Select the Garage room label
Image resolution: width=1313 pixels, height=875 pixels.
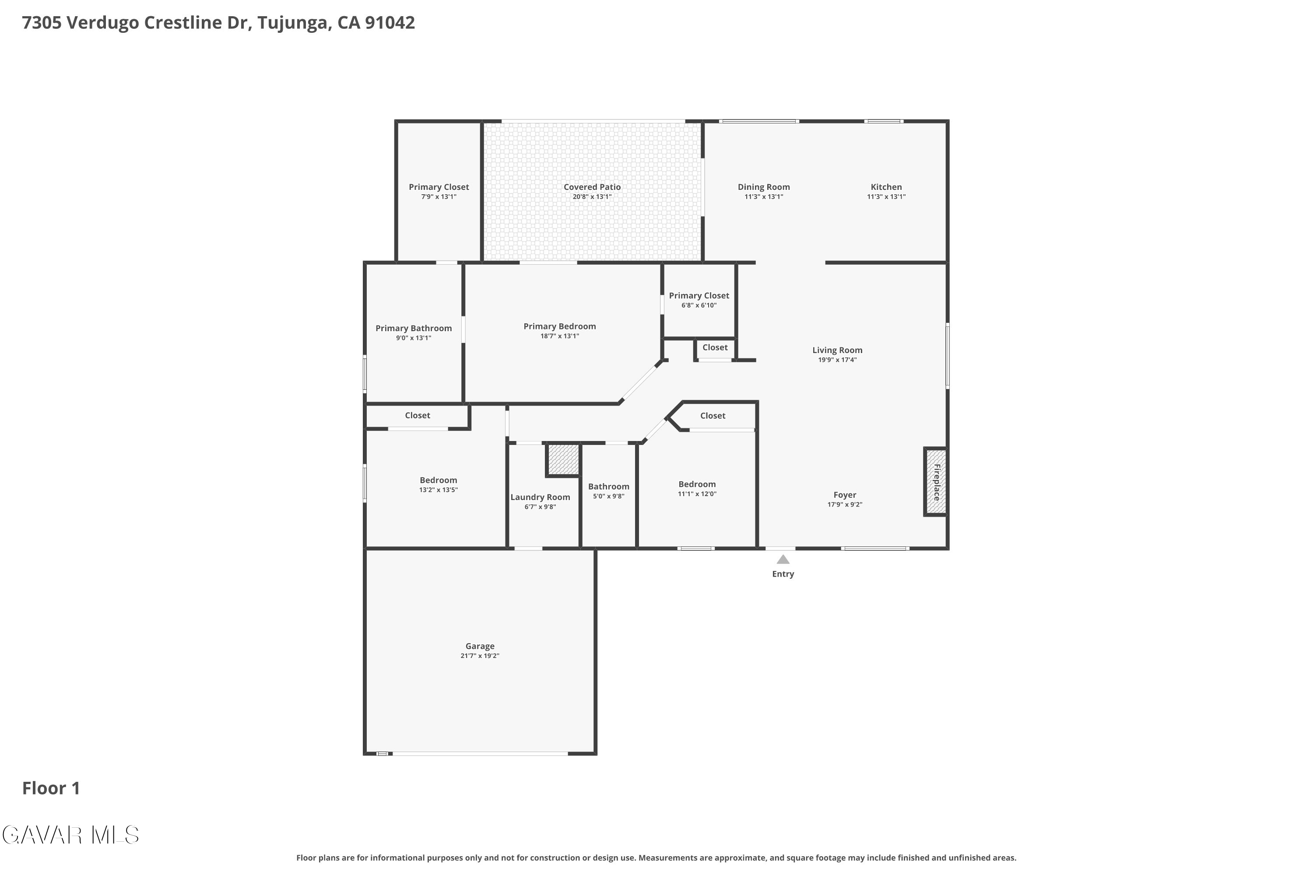click(x=480, y=646)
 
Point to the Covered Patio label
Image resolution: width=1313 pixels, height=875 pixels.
click(x=592, y=187)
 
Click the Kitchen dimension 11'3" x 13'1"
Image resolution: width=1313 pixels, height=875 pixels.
click(x=886, y=196)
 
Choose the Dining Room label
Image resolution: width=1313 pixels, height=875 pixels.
click(x=764, y=187)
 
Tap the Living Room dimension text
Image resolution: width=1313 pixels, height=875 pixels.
click(x=837, y=360)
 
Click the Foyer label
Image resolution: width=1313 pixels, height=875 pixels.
click(x=845, y=495)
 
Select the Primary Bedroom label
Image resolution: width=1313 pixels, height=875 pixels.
click(x=559, y=326)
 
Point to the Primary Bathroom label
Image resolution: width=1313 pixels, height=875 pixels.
click(x=413, y=328)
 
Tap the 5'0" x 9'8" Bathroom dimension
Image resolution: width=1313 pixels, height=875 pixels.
click(x=608, y=496)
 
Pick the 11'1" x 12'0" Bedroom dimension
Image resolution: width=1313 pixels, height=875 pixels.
click(x=697, y=494)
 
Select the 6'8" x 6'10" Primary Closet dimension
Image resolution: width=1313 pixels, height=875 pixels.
click(x=699, y=305)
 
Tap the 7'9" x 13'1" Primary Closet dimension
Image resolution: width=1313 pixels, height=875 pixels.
click(x=439, y=196)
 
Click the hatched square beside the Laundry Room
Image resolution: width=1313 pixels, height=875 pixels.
click(x=563, y=460)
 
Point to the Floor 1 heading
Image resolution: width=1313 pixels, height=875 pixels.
click(x=51, y=788)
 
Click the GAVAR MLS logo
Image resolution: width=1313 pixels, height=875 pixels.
click(x=70, y=835)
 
